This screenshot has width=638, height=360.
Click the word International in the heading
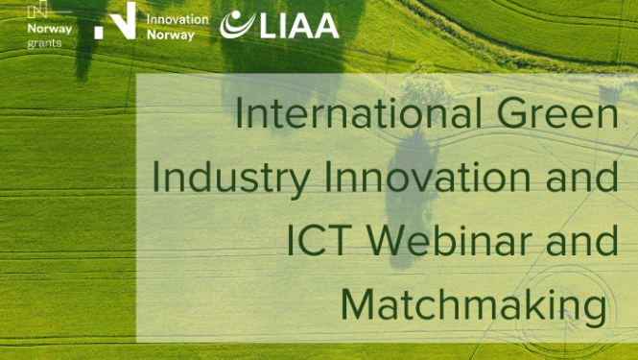354,116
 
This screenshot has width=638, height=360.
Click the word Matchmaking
474,302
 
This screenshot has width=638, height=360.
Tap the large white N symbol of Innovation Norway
115,20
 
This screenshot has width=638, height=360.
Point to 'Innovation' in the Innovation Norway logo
177,18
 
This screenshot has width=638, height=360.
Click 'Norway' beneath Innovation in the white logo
170,35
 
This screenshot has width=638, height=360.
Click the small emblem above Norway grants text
39,10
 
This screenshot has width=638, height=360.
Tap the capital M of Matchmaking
360,302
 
